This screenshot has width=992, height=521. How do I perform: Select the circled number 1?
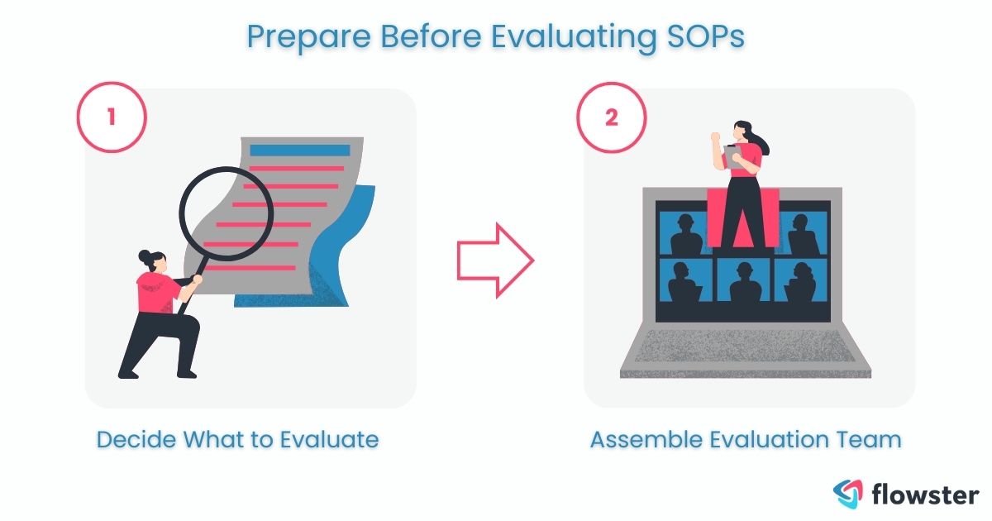[x=111, y=117]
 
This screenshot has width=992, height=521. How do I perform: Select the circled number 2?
[x=610, y=117]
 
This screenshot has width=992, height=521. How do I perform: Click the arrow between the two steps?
[x=495, y=260]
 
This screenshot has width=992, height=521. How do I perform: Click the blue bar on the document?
[x=299, y=151]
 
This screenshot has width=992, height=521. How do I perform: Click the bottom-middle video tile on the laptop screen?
[x=744, y=280]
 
